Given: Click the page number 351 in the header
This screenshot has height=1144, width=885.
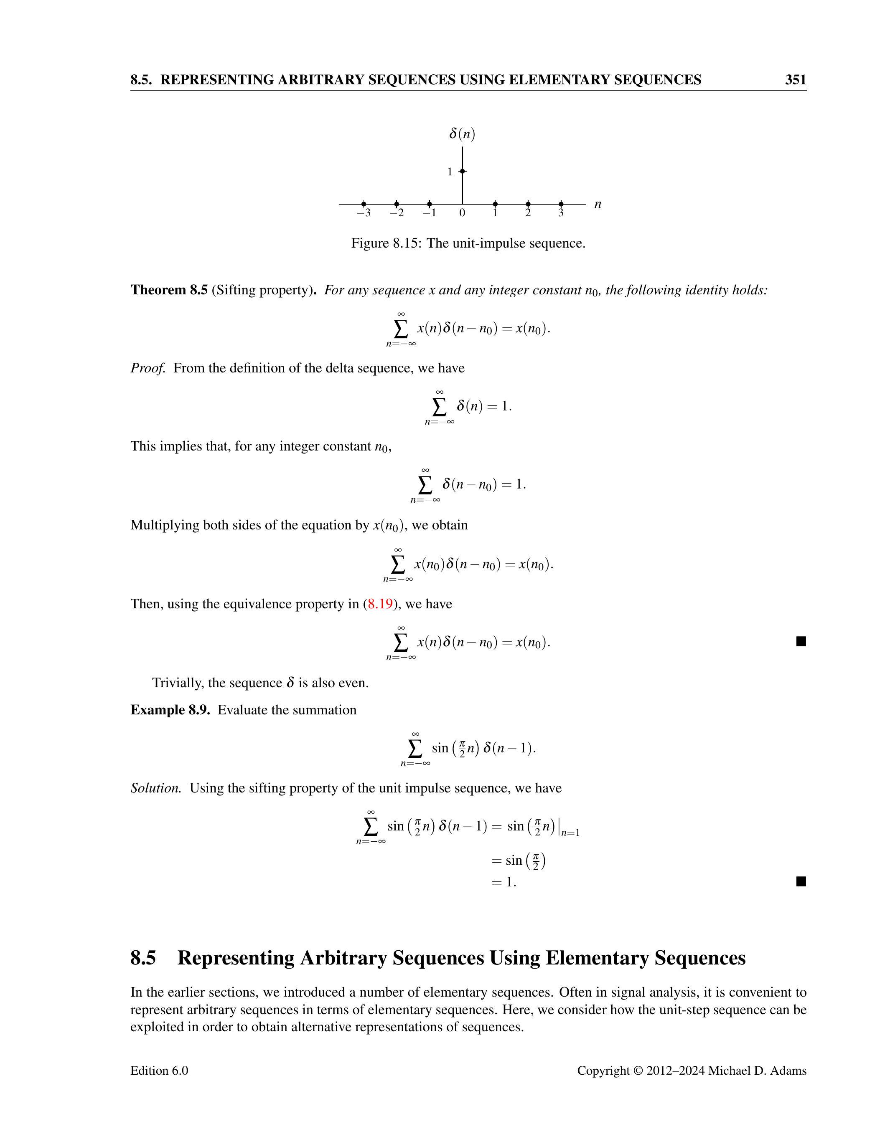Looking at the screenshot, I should (x=795, y=80).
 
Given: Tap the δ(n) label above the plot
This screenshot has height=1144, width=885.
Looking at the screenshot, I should (x=462, y=134).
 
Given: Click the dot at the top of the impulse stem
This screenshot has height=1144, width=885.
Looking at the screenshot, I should (x=462, y=171).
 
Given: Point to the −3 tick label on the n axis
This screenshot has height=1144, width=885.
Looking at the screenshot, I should (x=364, y=213).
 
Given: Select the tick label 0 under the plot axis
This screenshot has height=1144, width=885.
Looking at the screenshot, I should (x=462, y=213).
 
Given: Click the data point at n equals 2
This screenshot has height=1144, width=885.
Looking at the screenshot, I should (x=528, y=204).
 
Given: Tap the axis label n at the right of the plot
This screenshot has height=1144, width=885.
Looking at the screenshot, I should (x=598, y=204).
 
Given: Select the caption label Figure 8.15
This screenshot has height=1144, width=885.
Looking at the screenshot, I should (x=386, y=243).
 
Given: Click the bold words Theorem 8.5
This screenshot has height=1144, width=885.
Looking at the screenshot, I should (x=169, y=290).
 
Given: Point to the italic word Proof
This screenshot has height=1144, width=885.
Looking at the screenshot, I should (x=148, y=368).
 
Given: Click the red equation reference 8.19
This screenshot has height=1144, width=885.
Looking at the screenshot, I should (x=380, y=604).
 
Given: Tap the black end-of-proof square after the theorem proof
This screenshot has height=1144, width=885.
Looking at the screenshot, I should (x=801, y=642).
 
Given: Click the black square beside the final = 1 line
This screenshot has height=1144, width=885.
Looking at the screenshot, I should (x=801, y=881).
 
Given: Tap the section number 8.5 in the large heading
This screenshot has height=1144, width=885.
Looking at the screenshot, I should (x=143, y=958).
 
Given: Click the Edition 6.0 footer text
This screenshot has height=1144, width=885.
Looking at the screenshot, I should (x=159, y=1071).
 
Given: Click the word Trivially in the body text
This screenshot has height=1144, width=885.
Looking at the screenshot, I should (x=178, y=683).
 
